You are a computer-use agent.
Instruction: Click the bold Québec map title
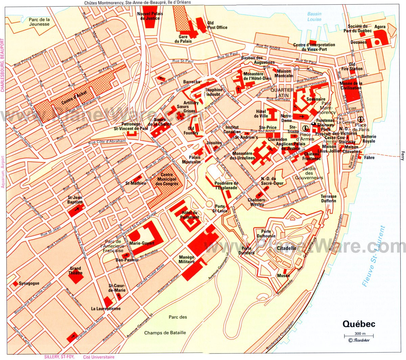coord(359,324)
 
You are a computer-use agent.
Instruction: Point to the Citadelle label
coord(287,248)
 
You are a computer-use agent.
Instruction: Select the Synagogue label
coord(29,283)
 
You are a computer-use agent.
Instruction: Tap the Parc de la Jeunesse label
coord(39,22)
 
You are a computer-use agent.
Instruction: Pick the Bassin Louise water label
coord(314,17)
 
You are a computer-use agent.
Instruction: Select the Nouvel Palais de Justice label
coord(150,16)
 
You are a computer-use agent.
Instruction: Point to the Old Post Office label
coord(217,25)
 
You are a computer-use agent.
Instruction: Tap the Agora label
coord(380,27)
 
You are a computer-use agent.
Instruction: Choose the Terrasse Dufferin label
coord(329,198)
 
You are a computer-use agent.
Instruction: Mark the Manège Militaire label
coord(187,259)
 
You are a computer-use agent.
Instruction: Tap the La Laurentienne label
coord(106,309)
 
